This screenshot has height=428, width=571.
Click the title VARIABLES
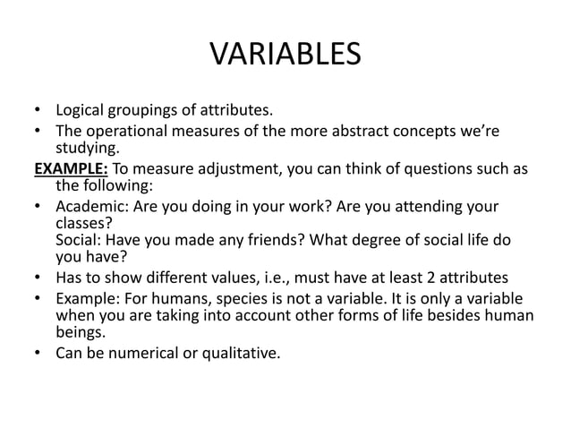[x=285, y=56]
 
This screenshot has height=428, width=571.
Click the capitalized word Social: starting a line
[x=79, y=241]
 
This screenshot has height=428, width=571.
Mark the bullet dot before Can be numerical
[x=38, y=353]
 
